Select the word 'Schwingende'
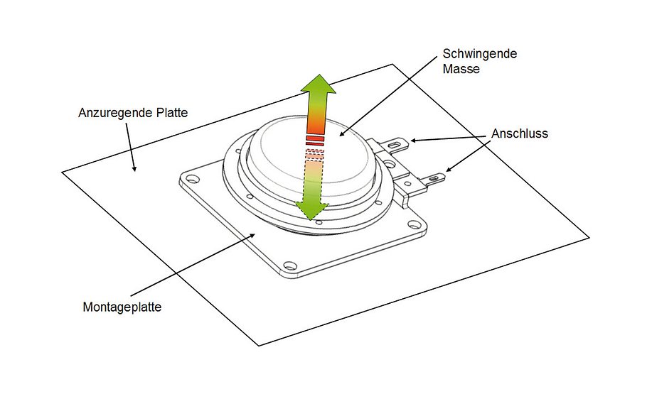pos(469,54)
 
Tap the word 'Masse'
pos(461,69)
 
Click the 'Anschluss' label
pos(520,133)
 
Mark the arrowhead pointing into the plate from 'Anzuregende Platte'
pos(133,168)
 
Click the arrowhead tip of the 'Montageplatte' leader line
pos(258,233)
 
